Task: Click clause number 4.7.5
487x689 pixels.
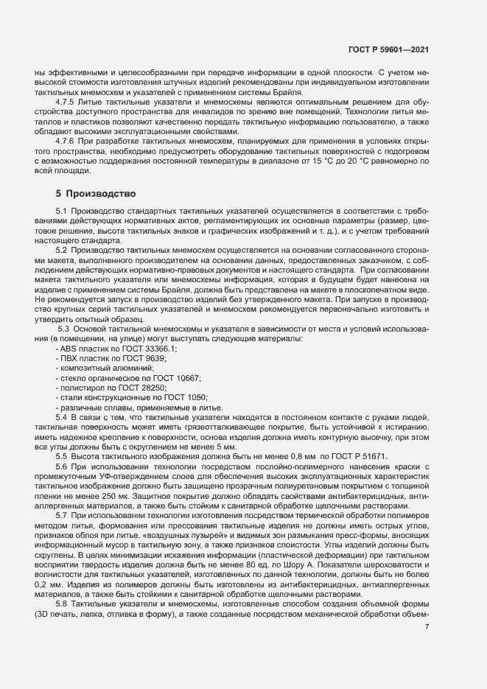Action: click(67, 100)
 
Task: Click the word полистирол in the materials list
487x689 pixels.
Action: click(83, 388)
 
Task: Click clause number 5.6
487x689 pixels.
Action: click(65, 467)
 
